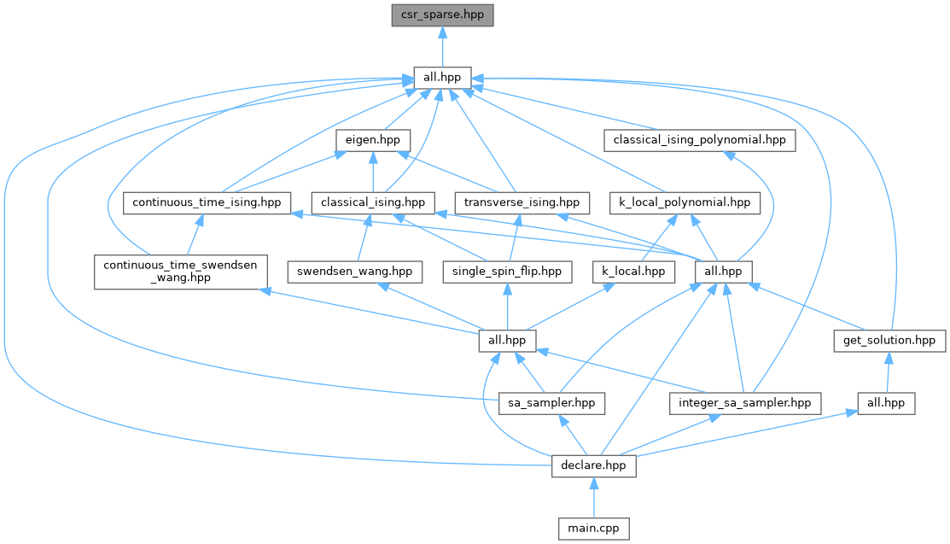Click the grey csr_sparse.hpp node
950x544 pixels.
(441, 15)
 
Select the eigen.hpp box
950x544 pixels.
(373, 140)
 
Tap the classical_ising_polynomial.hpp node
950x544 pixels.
(699, 140)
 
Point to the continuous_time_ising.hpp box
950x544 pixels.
(207, 203)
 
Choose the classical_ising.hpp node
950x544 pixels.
(372, 203)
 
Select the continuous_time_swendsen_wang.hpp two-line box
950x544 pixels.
(179, 271)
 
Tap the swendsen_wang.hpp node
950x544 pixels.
(355, 272)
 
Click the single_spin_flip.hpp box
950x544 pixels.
(507, 272)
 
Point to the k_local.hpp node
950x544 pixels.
(633, 272)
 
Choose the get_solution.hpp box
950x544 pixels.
(889, 340)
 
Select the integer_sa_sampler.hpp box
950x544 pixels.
(745, 403)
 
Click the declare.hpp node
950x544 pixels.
(593, 466)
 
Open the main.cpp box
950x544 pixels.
(593, 529)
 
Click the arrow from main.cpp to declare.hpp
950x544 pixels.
(593, 498)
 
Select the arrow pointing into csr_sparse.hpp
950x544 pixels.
(441, 46)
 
